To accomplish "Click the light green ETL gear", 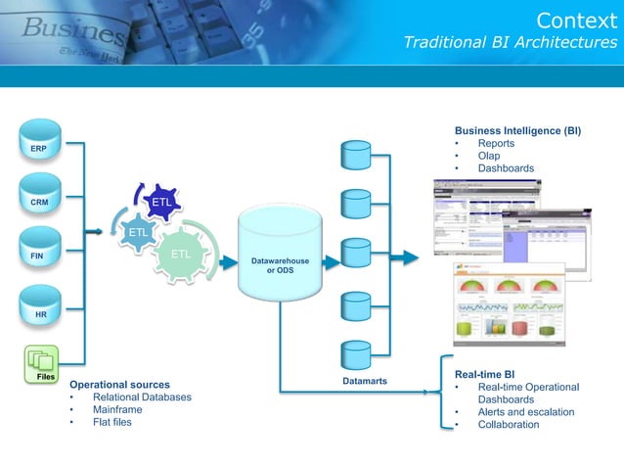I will click(181, 255).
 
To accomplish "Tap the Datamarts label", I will click(367, 379).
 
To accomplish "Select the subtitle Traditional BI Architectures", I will click(511, 42).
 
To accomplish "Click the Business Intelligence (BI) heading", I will click(517, 130).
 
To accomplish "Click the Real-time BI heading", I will click(485, 374).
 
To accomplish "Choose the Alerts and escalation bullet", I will click(525, 412).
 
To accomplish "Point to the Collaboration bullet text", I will click(509, 425).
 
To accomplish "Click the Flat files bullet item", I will click(111, 422).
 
